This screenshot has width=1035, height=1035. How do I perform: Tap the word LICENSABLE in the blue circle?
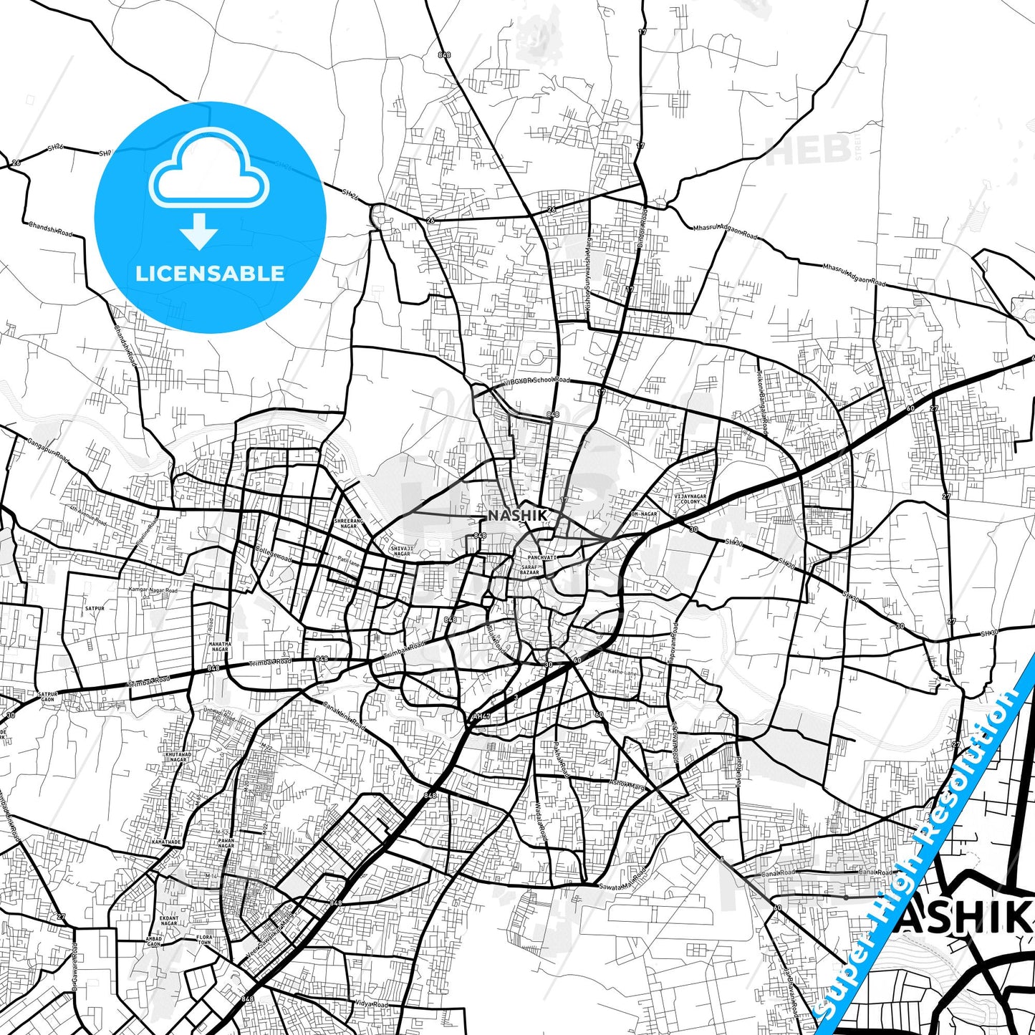point(210,273)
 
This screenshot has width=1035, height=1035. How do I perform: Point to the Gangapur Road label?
point(49,450)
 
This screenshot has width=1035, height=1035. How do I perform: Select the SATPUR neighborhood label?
point(95,608)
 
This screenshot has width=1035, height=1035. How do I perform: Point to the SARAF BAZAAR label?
point(529,570)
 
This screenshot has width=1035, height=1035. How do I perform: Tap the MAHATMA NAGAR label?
point(220,647)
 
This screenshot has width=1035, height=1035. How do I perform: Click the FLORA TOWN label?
point(204,940)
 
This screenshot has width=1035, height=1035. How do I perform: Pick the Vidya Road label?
point(370,1004)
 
